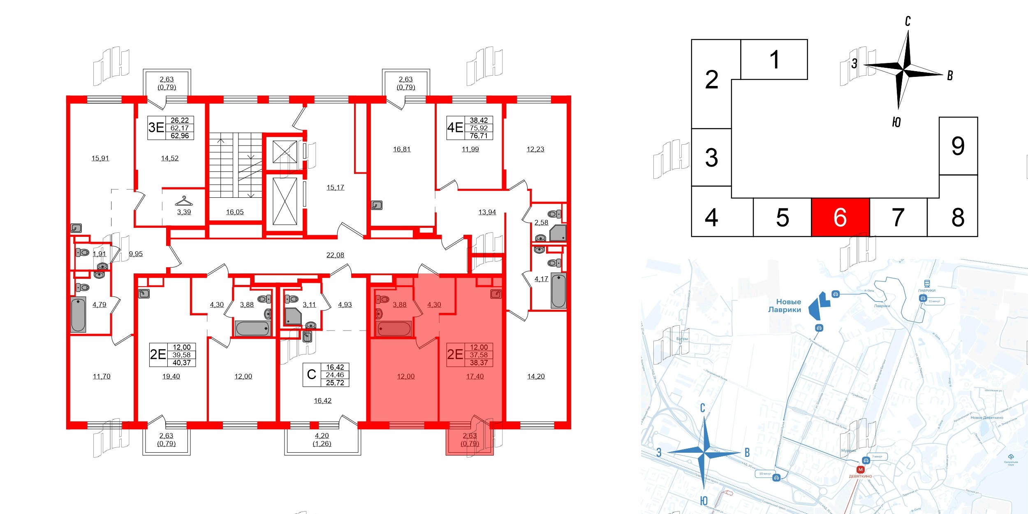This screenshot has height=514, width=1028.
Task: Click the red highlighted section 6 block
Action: click(x=840, y=217)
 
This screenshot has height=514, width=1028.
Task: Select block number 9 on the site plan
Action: click(x=958, y=146)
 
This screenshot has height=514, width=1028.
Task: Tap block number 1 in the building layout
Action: click(x=774, y=60)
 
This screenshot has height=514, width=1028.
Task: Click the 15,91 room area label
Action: click(x=100, y=158)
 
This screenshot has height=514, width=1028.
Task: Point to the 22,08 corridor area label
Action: click(x=335, y=255)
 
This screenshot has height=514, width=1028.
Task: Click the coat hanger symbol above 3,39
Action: click(x=184, y=201)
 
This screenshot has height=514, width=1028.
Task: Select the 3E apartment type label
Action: click(x=156, y=127)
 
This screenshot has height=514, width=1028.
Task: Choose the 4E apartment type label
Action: click(x=455, y=127)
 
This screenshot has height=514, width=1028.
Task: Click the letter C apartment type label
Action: click(x=311, y=375)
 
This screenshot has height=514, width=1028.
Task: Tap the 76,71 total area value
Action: click(x=479, y=136)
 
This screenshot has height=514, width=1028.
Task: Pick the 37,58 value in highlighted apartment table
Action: click(x=479, y=355)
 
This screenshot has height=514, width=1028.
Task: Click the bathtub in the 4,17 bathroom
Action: click(x=558, y=290)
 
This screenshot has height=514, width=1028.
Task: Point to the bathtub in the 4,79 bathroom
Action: click(x=78, y=315)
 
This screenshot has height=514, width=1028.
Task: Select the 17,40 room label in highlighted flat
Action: click(x=475, y=376)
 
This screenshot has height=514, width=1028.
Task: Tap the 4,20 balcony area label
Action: click(x=322, y=435)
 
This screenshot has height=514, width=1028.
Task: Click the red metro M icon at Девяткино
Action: click(x=860, y=470)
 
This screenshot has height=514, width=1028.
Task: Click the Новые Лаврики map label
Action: click(x=785, y=306)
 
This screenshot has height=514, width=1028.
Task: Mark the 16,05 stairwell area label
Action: click(x=235, y=212)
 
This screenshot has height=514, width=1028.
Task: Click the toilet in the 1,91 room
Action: click(x=83, y=252)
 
